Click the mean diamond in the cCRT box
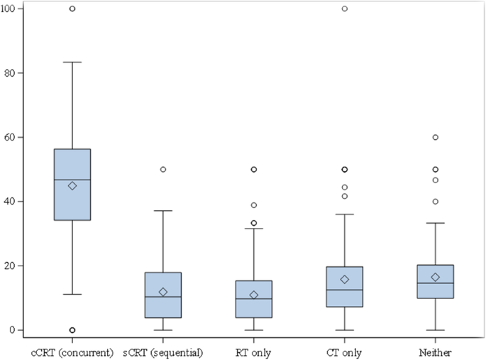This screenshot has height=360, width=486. pyautogui.click(x=72, y=186)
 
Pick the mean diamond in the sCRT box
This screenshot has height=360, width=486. pyautogui.click(x=163, y=292)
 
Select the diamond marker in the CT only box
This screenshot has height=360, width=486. pyautogui.click(x=345, y=280)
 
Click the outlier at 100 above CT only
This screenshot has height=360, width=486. pyautogui.click(x=345, y=9)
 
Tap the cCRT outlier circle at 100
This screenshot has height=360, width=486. pyautogui.click(x=72, y=9)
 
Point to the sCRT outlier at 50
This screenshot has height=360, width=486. pyautogui.click(x=163, y=170)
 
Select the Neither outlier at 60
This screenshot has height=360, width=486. pyautogui.click(x=436, y=137)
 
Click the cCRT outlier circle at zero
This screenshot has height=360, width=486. pyautogui.click(x=72, y=330)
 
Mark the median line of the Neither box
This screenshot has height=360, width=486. pyautogui.click(x=436, y=283)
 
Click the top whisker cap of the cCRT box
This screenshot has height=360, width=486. pyautogui.click(x=72, y=62)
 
